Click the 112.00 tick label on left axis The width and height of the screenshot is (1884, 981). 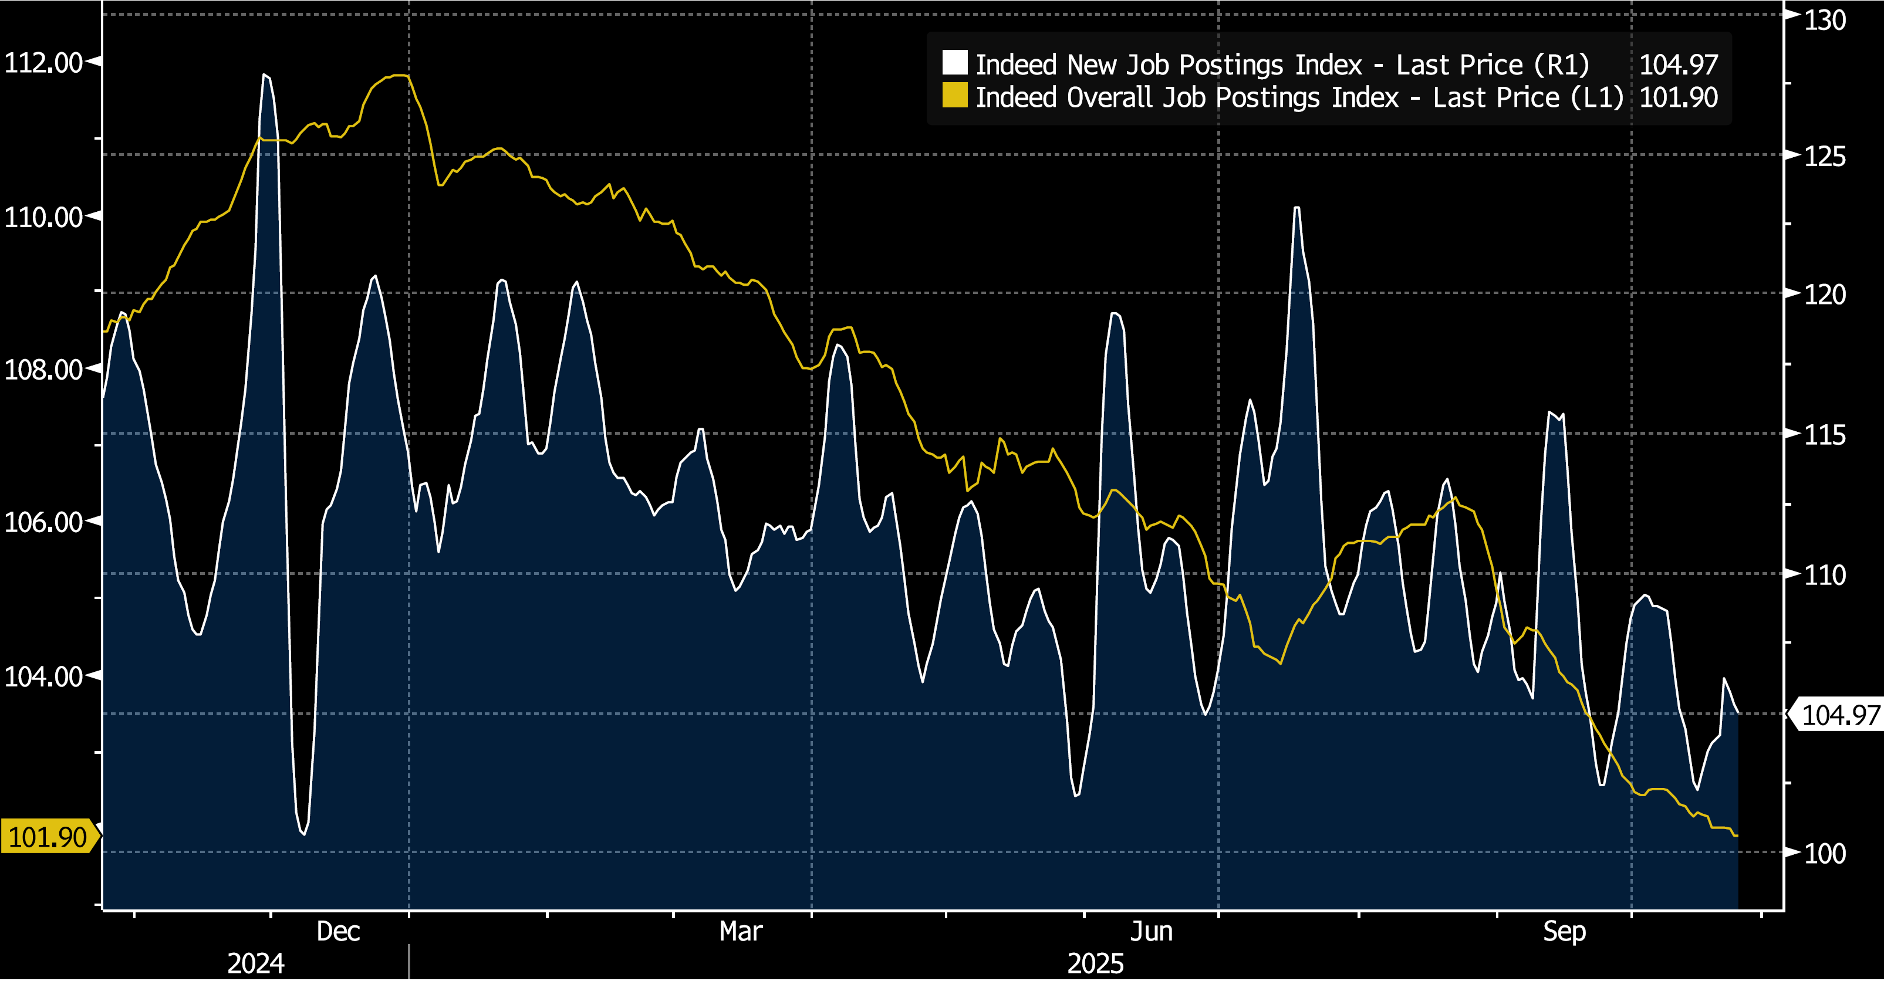click(x=43, y=63)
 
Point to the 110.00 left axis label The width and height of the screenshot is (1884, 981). click(x=43, y=217)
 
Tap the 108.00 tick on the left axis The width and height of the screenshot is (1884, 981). click(x=43, y=370)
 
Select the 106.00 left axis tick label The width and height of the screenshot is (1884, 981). click(x=43, y=522)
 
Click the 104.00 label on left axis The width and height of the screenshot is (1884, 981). click(x=43, y=676)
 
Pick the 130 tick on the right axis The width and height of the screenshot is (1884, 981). click(x=1825, y=20)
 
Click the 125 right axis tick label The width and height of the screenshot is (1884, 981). click(x=1825, y=157)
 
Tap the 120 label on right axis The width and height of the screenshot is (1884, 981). click(x=1825, y=295)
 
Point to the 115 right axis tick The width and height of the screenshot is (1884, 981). click(x=1825, y=435)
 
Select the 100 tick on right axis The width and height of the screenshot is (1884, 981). click(x=1825, y=853)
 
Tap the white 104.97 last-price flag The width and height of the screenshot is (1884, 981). click(x=1839, y=715)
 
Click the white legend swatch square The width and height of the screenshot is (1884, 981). click(x=954, y=63)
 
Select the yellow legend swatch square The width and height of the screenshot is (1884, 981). click(x=954, y=96)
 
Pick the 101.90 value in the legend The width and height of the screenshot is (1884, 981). click(x=1679, y=97)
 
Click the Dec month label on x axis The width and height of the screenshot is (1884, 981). click(x=338, y=931)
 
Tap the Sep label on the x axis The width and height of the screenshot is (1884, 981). click(x=1564, y=931)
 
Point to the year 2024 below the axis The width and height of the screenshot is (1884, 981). click(x=255, y=963)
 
